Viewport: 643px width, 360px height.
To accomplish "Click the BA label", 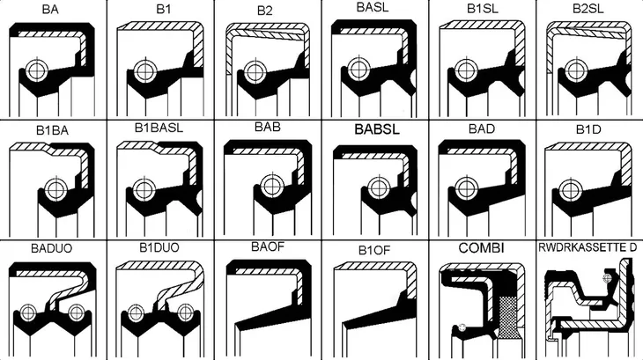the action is point(50,10).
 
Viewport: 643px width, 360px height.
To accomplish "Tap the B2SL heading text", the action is point(588,9).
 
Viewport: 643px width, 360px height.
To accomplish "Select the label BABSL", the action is point(377,129).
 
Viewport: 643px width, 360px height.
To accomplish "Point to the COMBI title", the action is point(482,248).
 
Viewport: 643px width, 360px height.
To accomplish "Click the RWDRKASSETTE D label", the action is point(588,247).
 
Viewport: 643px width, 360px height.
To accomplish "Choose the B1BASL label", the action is point(159,128).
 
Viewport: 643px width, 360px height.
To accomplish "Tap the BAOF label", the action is point(268,246).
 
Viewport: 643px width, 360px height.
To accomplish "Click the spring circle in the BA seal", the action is point(37,70).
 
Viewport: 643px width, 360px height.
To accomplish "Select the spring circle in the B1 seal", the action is point(144,71).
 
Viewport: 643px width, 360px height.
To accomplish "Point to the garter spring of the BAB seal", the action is point(271,187).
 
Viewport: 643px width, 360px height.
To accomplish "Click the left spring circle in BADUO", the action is point(28,312).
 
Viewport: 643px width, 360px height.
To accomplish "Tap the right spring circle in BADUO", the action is point(77,312).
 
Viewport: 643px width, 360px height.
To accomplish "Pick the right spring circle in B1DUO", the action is point(185,312).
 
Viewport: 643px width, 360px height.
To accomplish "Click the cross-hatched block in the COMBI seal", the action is point(509,315).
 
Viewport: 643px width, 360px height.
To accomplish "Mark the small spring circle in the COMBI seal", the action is point(462,327).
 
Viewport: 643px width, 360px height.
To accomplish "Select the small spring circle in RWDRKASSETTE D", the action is point(607,278).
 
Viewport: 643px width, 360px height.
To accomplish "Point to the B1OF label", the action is point(374,250).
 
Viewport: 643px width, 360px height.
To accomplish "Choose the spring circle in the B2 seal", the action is point(255,71).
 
